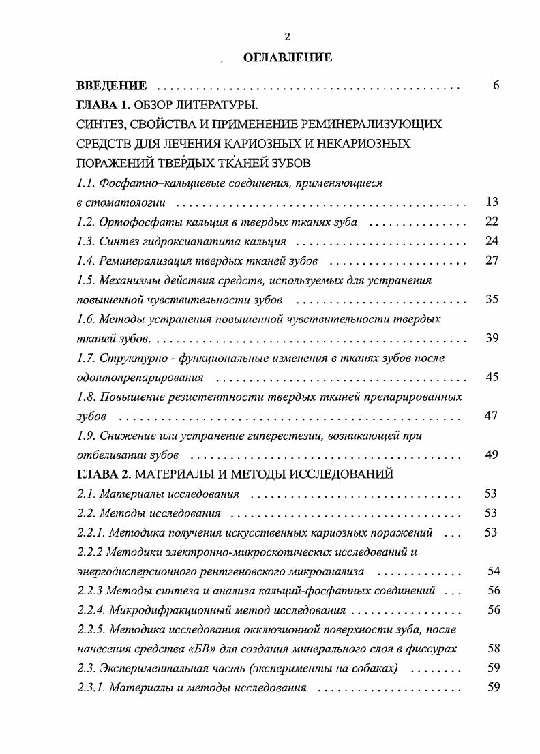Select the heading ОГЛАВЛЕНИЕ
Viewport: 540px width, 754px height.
pos(288,58)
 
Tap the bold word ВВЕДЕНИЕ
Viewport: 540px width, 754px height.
pos(111,86)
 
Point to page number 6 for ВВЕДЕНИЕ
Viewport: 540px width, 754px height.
pos(496,86)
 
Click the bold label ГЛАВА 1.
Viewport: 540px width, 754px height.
pos(104,105)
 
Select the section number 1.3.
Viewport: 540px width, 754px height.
pos(86,241)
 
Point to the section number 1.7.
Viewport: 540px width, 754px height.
pos(86,358)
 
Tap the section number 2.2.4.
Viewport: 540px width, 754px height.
pos(91,610)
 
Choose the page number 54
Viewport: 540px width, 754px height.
pos(494,571)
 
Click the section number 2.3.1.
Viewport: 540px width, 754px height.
pos(91,687)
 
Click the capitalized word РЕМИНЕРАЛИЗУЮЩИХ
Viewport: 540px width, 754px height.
pos(376,125)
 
